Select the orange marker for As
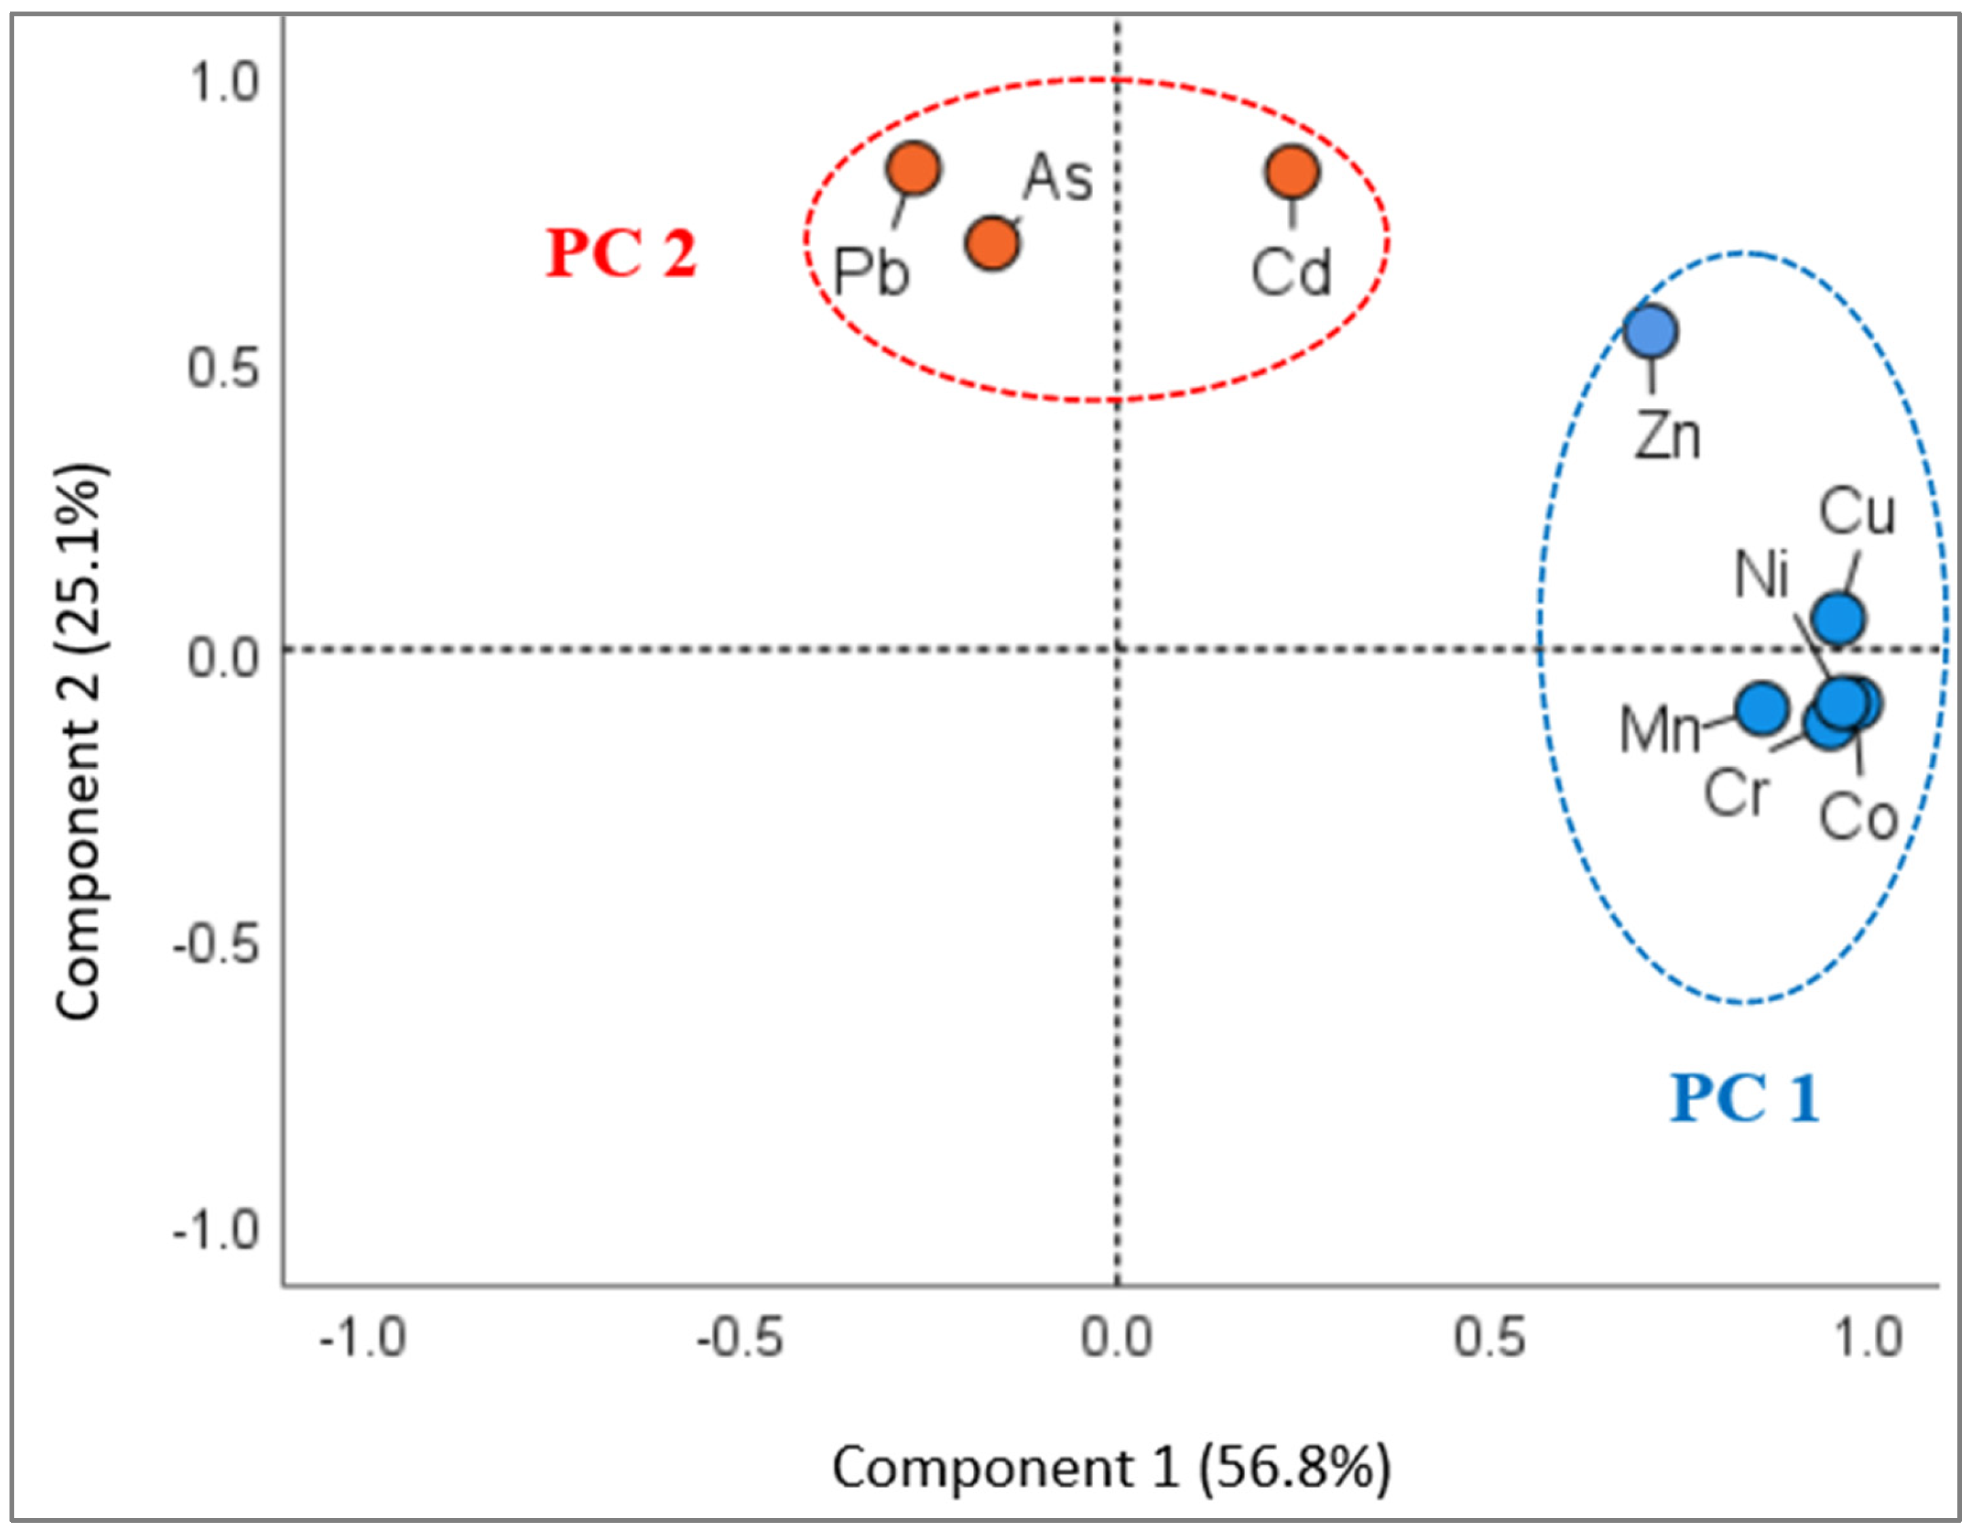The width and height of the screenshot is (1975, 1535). pos(992,243)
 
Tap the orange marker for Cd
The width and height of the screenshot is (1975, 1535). pos(1292,172)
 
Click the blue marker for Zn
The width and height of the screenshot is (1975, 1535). pos(1651,332)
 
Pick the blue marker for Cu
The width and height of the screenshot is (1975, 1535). pos(1839,619)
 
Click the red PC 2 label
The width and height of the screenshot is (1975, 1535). pos(621,254)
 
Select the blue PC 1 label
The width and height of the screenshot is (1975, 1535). pos(1743,1099)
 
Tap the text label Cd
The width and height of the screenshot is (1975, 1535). pos(1291,272)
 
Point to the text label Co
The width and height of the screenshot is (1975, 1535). pos(1858,818)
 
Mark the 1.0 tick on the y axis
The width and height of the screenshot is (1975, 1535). pos(223,84)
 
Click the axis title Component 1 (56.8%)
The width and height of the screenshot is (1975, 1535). pos(1111,1467)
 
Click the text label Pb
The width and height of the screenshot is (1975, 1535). pos(871,272)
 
